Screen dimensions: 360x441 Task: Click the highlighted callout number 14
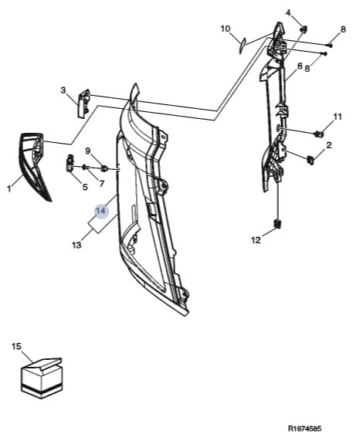pyautogui.click(x=101, y=211)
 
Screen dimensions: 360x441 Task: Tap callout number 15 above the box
pyautogui.click(x=16, y=346)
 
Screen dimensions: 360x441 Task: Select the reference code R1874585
pyautogui.click(x=304, y=429)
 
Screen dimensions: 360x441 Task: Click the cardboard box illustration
pyautogui.click(x=42, y=378)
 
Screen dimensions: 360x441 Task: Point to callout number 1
pyautogui.click(x=9, y=188)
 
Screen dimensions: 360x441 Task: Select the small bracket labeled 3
pyautogui.click(x=83, y=103)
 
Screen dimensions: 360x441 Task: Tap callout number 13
pyautogui.click(x=76, y=245)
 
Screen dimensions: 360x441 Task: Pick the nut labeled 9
pyautogui.click(x=104, y=168)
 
